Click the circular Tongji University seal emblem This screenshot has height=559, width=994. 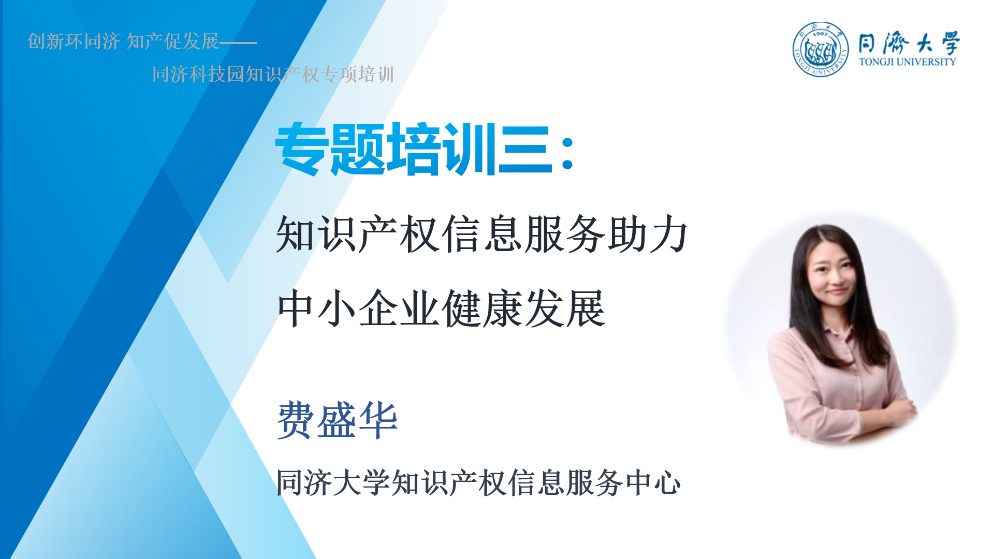[821, 49]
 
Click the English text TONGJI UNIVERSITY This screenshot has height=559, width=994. [908, 62]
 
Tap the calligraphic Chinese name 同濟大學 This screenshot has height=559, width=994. [909, 42]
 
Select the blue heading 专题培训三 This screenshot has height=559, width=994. [414, 149]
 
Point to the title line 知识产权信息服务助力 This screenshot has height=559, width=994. [482, 234]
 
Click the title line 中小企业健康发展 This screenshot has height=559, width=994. [441, 308]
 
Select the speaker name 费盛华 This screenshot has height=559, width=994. [338, 420]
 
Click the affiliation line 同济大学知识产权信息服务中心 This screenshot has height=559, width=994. [478, 482]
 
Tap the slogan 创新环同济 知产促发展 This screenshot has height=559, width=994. [123, 41]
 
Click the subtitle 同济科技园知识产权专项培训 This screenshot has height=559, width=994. [273, 74]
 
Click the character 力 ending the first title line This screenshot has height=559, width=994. [669, 234]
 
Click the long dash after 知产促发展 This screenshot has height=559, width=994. [238, 42]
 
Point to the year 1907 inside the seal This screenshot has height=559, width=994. [821, 34]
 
